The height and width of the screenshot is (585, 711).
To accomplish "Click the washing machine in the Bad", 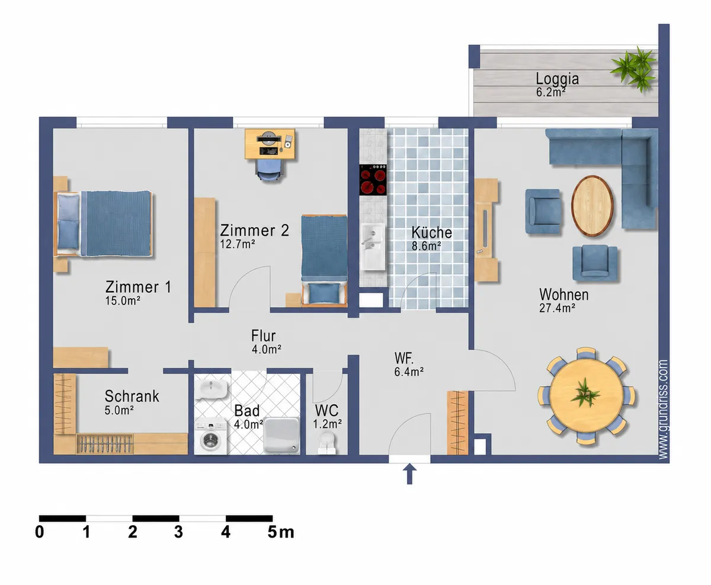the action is coord(211,437).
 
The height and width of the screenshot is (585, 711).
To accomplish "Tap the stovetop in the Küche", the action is coord(373,180).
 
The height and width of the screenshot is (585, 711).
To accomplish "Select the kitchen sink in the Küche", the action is coord(373,247).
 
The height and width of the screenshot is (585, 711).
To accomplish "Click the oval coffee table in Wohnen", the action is coord(592,206).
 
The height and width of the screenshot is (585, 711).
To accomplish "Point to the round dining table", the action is coord(586,395).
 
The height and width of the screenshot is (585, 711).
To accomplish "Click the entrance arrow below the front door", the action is coord(409,474).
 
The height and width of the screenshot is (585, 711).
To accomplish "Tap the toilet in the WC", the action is coord(327,442).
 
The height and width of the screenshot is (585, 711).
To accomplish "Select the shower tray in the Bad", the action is coord(281,436).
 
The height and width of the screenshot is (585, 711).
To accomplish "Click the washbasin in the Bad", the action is coord(213,389).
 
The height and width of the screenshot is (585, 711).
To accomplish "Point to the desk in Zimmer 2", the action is coord(270,143).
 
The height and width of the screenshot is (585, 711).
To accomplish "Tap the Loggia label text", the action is coord(558,79).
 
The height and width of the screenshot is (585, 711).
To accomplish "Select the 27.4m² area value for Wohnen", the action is coord(557,308).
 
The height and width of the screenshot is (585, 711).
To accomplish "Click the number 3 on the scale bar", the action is coord(178,532).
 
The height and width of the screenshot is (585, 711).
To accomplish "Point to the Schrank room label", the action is coord(132,396).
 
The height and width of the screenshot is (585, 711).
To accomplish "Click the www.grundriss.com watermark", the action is coord(663,410).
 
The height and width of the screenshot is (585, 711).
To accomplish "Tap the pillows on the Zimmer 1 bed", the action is coord(69,222).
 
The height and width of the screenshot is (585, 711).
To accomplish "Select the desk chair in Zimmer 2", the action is coord(268,170).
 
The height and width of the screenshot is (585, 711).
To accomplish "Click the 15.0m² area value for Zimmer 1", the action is coord(123,301).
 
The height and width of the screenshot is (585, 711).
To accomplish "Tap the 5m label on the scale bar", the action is coord(280,532).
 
